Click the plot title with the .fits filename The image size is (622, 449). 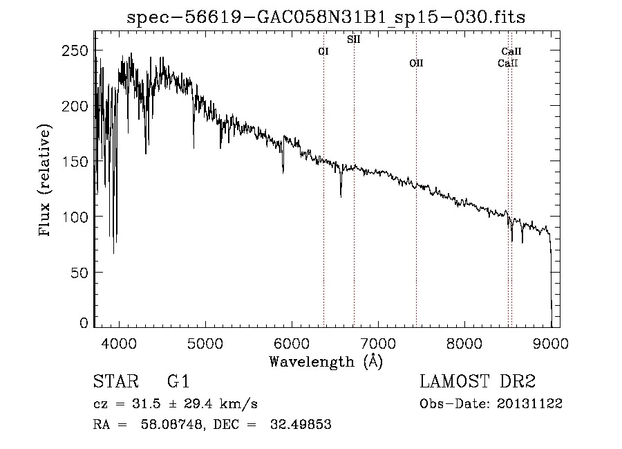point(326,17)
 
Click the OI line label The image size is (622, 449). point(323,51)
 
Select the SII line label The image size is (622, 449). point(353,39)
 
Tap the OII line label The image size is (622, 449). point(416,63)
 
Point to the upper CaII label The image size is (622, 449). point(511,51)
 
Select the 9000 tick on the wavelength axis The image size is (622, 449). point(552,343)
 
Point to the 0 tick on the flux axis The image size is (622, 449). point(84,323)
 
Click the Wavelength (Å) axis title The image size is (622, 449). point(326,361)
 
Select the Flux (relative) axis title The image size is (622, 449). point(46,181)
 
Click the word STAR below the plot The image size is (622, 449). point(115,381)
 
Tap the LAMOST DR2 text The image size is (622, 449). point(478,381)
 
